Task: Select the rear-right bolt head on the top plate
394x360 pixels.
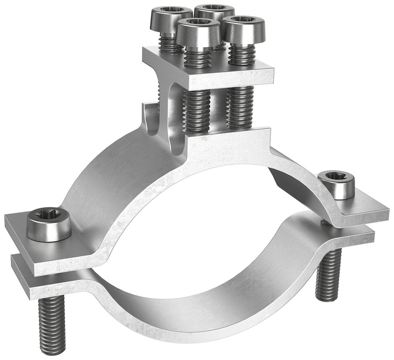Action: pos(214,11)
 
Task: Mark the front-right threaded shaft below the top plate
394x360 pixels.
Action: pos(239,108)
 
